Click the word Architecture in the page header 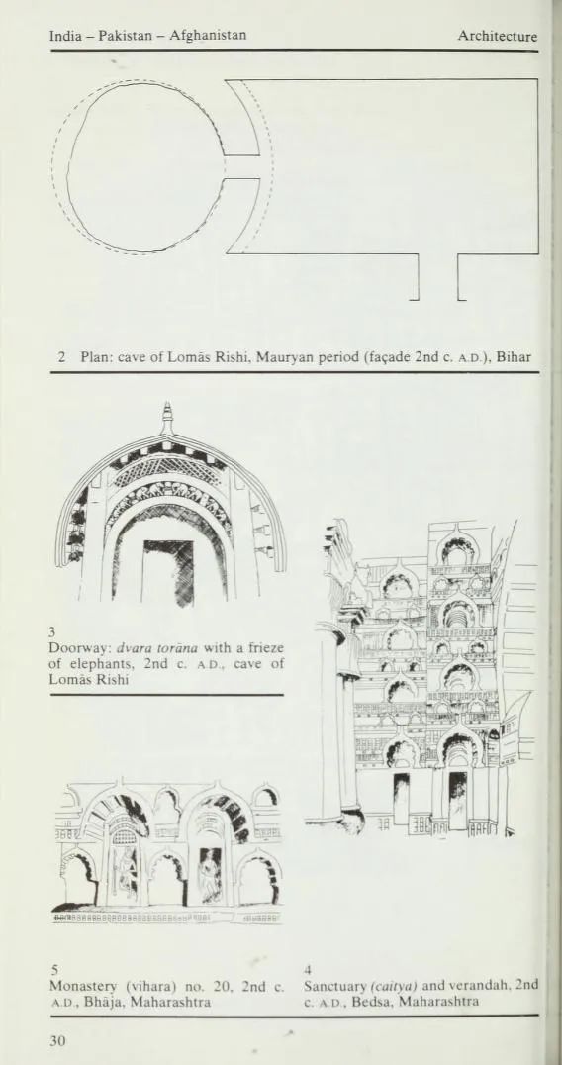tap(497, 36)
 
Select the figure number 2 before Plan tap(60, 357)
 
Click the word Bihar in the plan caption tap(516, 357)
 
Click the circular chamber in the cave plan tap(145, 166)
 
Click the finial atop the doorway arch tap(167, 418)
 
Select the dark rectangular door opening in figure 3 tap(168, 570)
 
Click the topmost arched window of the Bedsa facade tap(458, 548)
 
